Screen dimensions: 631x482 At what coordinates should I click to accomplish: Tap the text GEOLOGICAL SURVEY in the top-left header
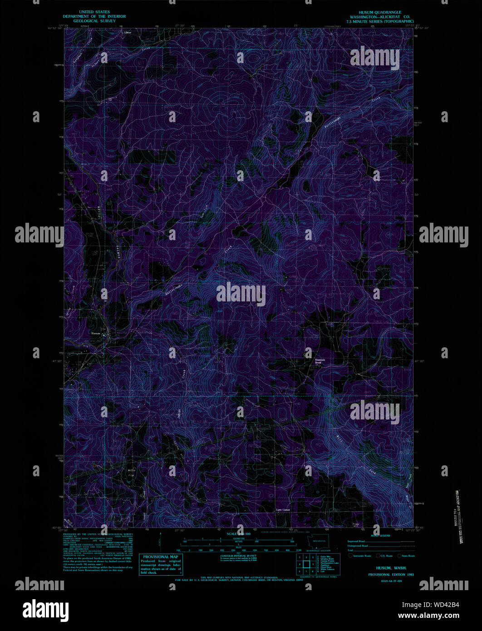(95, 21)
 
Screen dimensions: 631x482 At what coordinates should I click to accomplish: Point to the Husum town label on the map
(95, 334)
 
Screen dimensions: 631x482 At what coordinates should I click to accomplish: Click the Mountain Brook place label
(320, 361)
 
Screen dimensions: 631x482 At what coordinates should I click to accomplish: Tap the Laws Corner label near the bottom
(283, 510)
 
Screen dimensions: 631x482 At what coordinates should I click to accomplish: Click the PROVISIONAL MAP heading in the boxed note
(161, 557)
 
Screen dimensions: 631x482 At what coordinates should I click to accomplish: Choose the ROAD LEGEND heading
(380, 536)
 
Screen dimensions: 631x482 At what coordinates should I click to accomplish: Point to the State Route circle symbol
(399, 556)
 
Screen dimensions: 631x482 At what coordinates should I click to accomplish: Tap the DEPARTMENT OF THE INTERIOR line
(95, 16)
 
